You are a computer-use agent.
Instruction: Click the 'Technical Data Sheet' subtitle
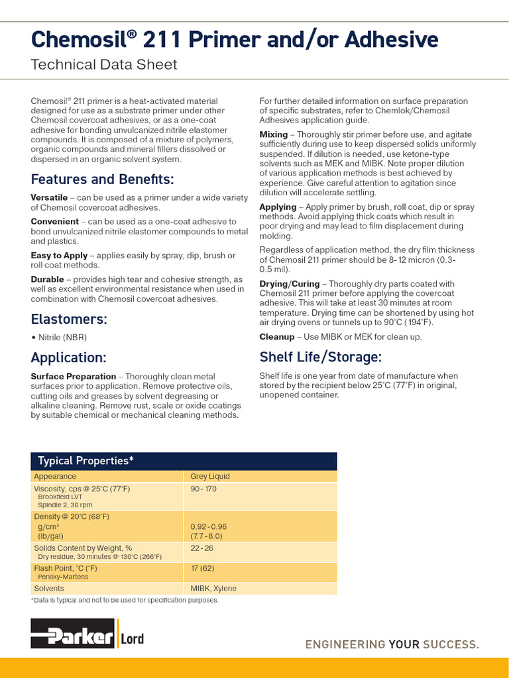point(104,64)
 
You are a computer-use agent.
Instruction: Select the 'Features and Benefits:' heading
point(102,179)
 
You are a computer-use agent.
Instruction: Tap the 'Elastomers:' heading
point(69,319)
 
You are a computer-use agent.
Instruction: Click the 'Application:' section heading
point(68,358)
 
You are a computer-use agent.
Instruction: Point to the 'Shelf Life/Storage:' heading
point(320,357)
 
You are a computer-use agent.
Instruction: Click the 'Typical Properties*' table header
point(85,461)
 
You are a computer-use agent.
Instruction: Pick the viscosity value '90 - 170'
point(203,489)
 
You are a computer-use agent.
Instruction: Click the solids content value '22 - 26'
point(201,548)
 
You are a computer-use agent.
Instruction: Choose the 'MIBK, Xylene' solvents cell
point(213,588)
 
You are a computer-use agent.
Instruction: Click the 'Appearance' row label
point(55,476)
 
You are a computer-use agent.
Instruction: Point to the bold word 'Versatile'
point(49,197)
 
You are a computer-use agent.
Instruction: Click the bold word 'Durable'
point(47,279)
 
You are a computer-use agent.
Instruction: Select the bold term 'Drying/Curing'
point(289,283)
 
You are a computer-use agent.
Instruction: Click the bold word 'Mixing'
point(274,134)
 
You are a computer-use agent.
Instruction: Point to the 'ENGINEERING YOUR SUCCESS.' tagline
point(391,644)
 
